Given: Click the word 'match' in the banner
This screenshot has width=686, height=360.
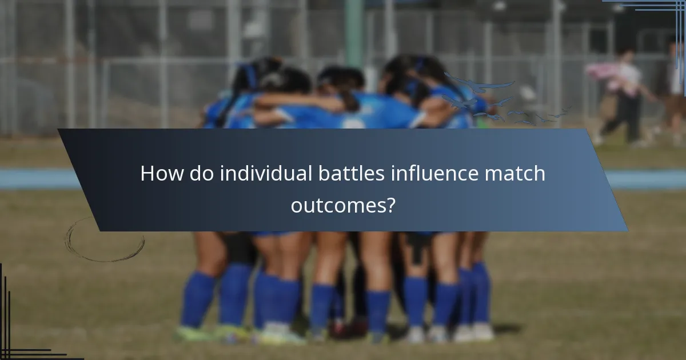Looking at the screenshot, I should click(517, 174).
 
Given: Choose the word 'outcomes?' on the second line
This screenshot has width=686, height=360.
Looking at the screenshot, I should click(343, 205).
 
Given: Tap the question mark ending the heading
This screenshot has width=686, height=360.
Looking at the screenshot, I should click(390, 205).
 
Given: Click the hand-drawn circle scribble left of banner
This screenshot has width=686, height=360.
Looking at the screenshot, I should click(103, 240).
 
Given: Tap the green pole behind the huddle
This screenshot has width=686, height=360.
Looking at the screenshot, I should click(353, 34).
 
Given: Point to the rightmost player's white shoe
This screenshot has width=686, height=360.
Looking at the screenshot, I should click(482, 331).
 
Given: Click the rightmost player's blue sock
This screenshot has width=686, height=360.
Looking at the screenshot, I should click(481, 291).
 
